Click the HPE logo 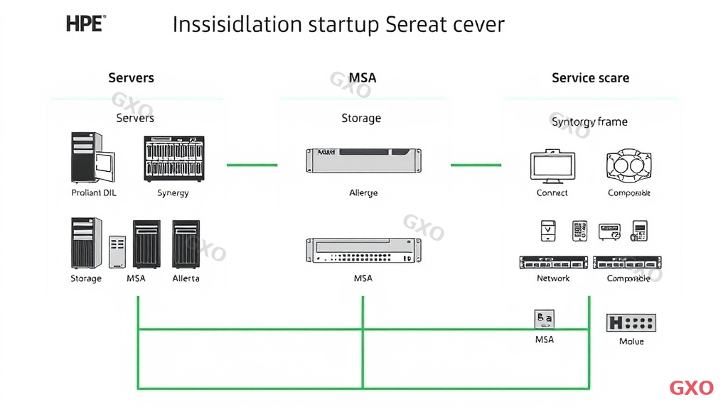tap(85, 23)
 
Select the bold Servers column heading tap(131, 78)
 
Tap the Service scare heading tap(590, 78)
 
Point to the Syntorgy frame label tap(589, 121)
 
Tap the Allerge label tap(363, 192)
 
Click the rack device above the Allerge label tap(363, 160)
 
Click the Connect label tap(552, 192)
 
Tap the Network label tap(553, 278)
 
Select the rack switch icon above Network tap(553, 263)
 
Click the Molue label tap(631, 342)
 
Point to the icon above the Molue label tap(631, 322)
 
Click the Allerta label tap(186, 278)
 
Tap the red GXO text tap(691, 388)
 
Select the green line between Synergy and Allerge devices tap(252, 165)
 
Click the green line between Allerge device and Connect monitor tap(476, 165)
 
